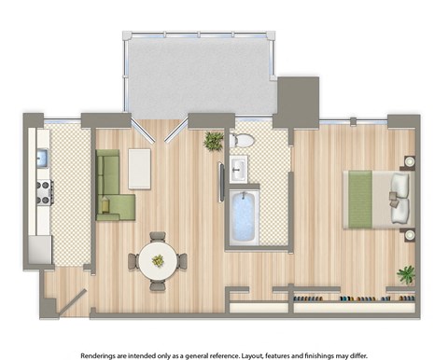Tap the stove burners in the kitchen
[x=42, y=192]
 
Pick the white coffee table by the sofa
[x=140, y=169]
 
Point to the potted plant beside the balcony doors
[x=214, y=141]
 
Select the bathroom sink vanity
[x=238, y=170]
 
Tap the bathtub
[x=244, y=217]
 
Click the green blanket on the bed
[x=360, y=199]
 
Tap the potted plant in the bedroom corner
[x=406, y=274]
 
